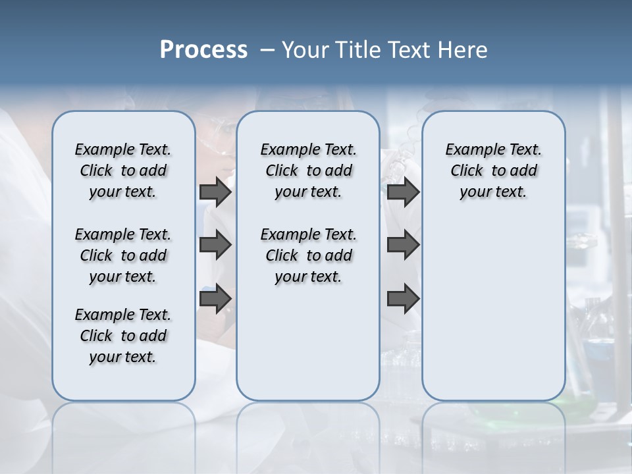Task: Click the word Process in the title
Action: click(x=203, y=50)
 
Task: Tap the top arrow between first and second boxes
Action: click(x=215, y=192)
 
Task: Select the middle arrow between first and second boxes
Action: click(x=215, y=245)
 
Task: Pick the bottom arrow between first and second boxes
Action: click(x=215, y=298)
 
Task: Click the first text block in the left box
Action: click(x=123, y=171)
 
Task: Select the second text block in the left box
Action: click(x=123, y=255)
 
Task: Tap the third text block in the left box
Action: click(x=123, y=336)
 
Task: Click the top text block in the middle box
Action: click(x=308, y=171)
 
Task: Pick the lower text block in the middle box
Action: click(x=308, y=255)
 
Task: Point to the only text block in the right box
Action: click(x=493, y=171)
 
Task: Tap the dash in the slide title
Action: click(x=267, y=50)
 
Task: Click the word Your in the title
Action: click(x=305, y=50)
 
